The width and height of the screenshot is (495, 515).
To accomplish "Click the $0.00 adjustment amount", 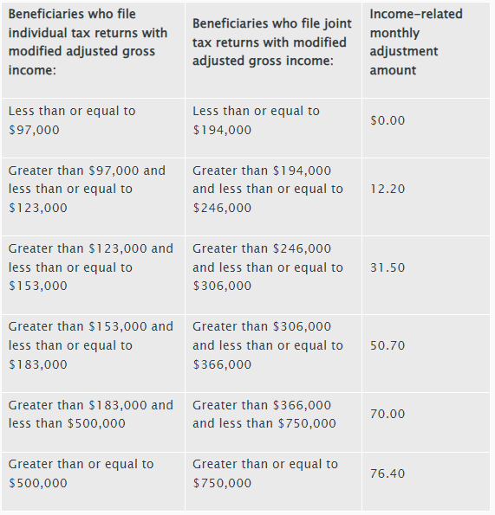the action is pos(388,120).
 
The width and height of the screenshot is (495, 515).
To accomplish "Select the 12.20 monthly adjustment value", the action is pos(388,189).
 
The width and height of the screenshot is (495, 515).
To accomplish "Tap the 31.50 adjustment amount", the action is pos(388,267).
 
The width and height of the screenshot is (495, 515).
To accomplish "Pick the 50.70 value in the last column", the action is pos(388,345).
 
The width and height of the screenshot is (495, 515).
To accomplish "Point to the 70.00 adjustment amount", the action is pos(388,414).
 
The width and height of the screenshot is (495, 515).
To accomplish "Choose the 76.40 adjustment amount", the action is pos(388,473).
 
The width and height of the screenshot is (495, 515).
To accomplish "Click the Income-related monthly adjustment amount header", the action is pos(416,42).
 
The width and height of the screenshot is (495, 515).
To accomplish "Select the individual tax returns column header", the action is pos(88,42).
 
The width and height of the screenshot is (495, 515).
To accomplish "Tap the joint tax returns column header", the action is pos(272,42).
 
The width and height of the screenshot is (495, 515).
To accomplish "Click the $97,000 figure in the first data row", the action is pos(34,130).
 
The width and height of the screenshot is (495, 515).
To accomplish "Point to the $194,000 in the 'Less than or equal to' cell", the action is pos(222,130).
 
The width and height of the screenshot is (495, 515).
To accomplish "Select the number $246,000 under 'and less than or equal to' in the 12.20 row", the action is pos(222,208).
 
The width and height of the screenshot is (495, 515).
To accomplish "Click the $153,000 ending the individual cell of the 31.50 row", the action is pos(38,286).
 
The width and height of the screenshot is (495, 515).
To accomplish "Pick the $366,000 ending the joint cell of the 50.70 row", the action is pos(222,364).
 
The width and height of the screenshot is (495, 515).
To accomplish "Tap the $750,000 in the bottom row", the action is pos(222,483).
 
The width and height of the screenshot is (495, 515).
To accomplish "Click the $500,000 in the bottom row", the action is pos(38,483).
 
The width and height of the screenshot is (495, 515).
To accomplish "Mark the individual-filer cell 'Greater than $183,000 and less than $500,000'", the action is pos(91,415).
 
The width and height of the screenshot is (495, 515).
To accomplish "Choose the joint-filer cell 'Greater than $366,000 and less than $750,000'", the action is pos(264,415).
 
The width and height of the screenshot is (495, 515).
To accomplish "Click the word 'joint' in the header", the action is pos(335,24).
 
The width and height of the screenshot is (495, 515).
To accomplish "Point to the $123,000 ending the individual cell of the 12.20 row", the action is pos(38,208).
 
